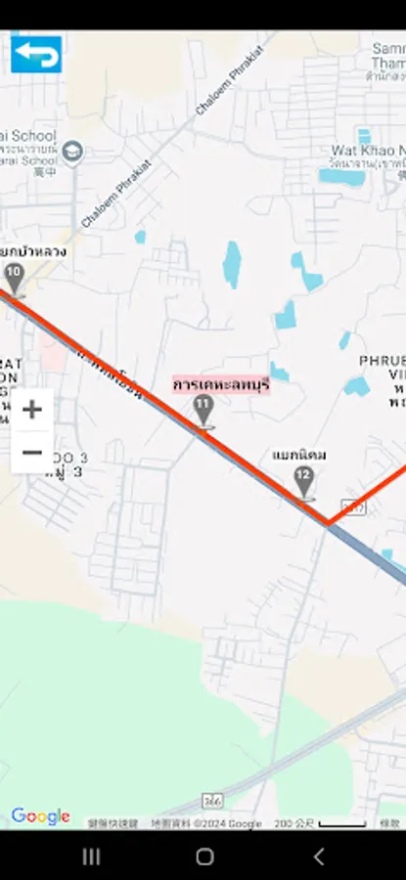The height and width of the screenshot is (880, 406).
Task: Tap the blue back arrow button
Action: coord(36,54)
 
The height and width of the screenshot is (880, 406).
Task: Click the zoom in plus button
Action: coord(32,410)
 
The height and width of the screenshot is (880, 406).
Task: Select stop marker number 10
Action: coord(14,276)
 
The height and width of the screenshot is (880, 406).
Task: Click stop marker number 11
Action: coord(203,409)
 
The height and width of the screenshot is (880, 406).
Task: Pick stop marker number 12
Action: coord(304,480)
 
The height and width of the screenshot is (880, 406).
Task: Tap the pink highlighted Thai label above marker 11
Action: coord(221,384)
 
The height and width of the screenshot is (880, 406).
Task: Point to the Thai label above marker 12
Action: coord(299,456)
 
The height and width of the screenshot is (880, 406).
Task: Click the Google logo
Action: coord(40,816)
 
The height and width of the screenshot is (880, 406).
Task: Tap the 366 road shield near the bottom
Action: coord(212,801)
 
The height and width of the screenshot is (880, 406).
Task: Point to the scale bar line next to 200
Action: coord(342,824)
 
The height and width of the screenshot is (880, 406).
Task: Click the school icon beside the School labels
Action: coord(71,152)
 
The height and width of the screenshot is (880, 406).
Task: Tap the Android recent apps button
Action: coord(91,857)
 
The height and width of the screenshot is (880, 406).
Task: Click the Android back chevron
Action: coord(318,857)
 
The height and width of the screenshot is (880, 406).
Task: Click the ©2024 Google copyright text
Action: coord(206,824)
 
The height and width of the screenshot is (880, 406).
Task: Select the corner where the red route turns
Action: coord(329,522)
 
